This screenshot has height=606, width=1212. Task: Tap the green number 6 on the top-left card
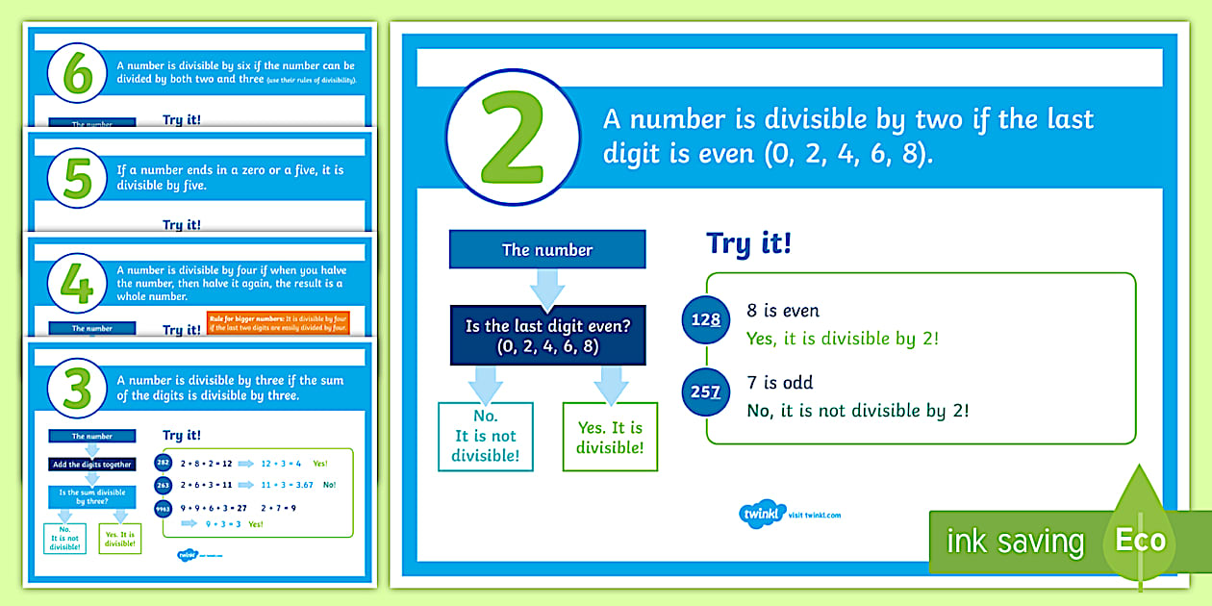pos(77,73)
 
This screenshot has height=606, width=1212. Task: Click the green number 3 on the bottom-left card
pos(77,387)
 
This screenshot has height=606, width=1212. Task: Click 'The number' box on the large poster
pos(547,250)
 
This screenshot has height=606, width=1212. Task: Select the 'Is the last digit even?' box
pos(547,336)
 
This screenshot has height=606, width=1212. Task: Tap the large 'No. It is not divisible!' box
pos(486,436)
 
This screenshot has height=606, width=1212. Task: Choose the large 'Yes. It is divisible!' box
pos(610,436)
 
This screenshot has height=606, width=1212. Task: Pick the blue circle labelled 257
pos(706,391)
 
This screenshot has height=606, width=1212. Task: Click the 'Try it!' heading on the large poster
pos(748,242)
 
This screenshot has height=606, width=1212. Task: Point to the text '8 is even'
pos(782,311)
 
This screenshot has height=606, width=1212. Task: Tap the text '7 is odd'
pos(779,383)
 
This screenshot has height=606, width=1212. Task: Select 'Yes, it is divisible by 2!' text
pos(842,338)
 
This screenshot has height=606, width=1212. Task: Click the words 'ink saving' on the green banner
pos(1015,542)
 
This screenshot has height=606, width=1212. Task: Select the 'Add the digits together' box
pos(92,465)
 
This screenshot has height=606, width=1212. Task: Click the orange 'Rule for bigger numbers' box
pos(279,321)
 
